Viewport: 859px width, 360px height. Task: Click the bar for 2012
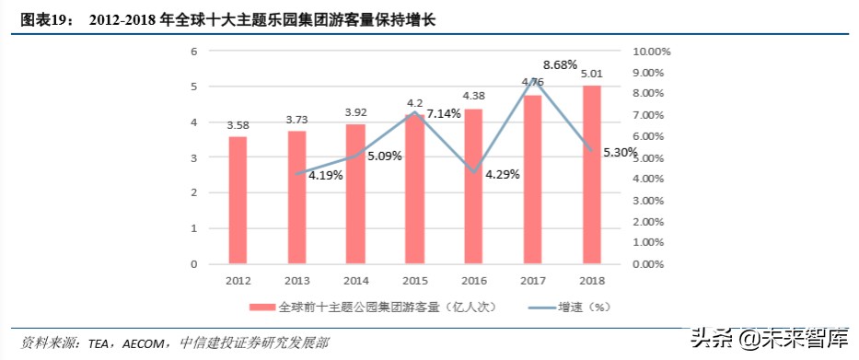point(238,200)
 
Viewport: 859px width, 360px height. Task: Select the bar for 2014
point(355,193)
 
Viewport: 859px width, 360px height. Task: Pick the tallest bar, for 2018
point(591,175)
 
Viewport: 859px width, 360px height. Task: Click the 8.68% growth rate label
point(560,64)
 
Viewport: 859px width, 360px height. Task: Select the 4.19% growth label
point(325,175)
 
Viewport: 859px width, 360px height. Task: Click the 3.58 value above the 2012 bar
point(238,125)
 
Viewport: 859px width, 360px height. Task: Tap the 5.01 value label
point(591,74)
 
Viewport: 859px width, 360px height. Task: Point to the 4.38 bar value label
point(473,96)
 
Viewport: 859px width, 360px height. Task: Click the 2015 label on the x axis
point(414,280)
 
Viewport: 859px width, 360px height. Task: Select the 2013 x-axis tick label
point(296,280)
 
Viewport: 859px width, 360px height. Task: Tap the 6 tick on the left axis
point(194,52)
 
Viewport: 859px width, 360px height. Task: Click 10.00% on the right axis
point(654,52)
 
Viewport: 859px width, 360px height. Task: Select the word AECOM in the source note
point(142,343)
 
